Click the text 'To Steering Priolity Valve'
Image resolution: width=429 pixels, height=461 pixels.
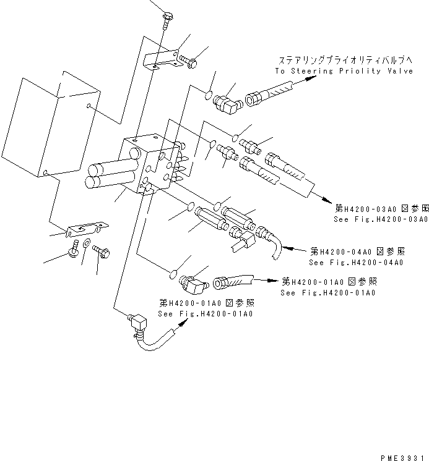click(344, 71)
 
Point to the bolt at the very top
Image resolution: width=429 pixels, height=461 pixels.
click(168, 19)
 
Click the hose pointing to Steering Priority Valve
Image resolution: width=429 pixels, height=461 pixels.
click(267, 98)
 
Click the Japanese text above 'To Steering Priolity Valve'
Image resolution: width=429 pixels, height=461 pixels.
click(345, 60)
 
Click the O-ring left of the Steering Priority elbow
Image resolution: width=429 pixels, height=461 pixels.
click(208, 96)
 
